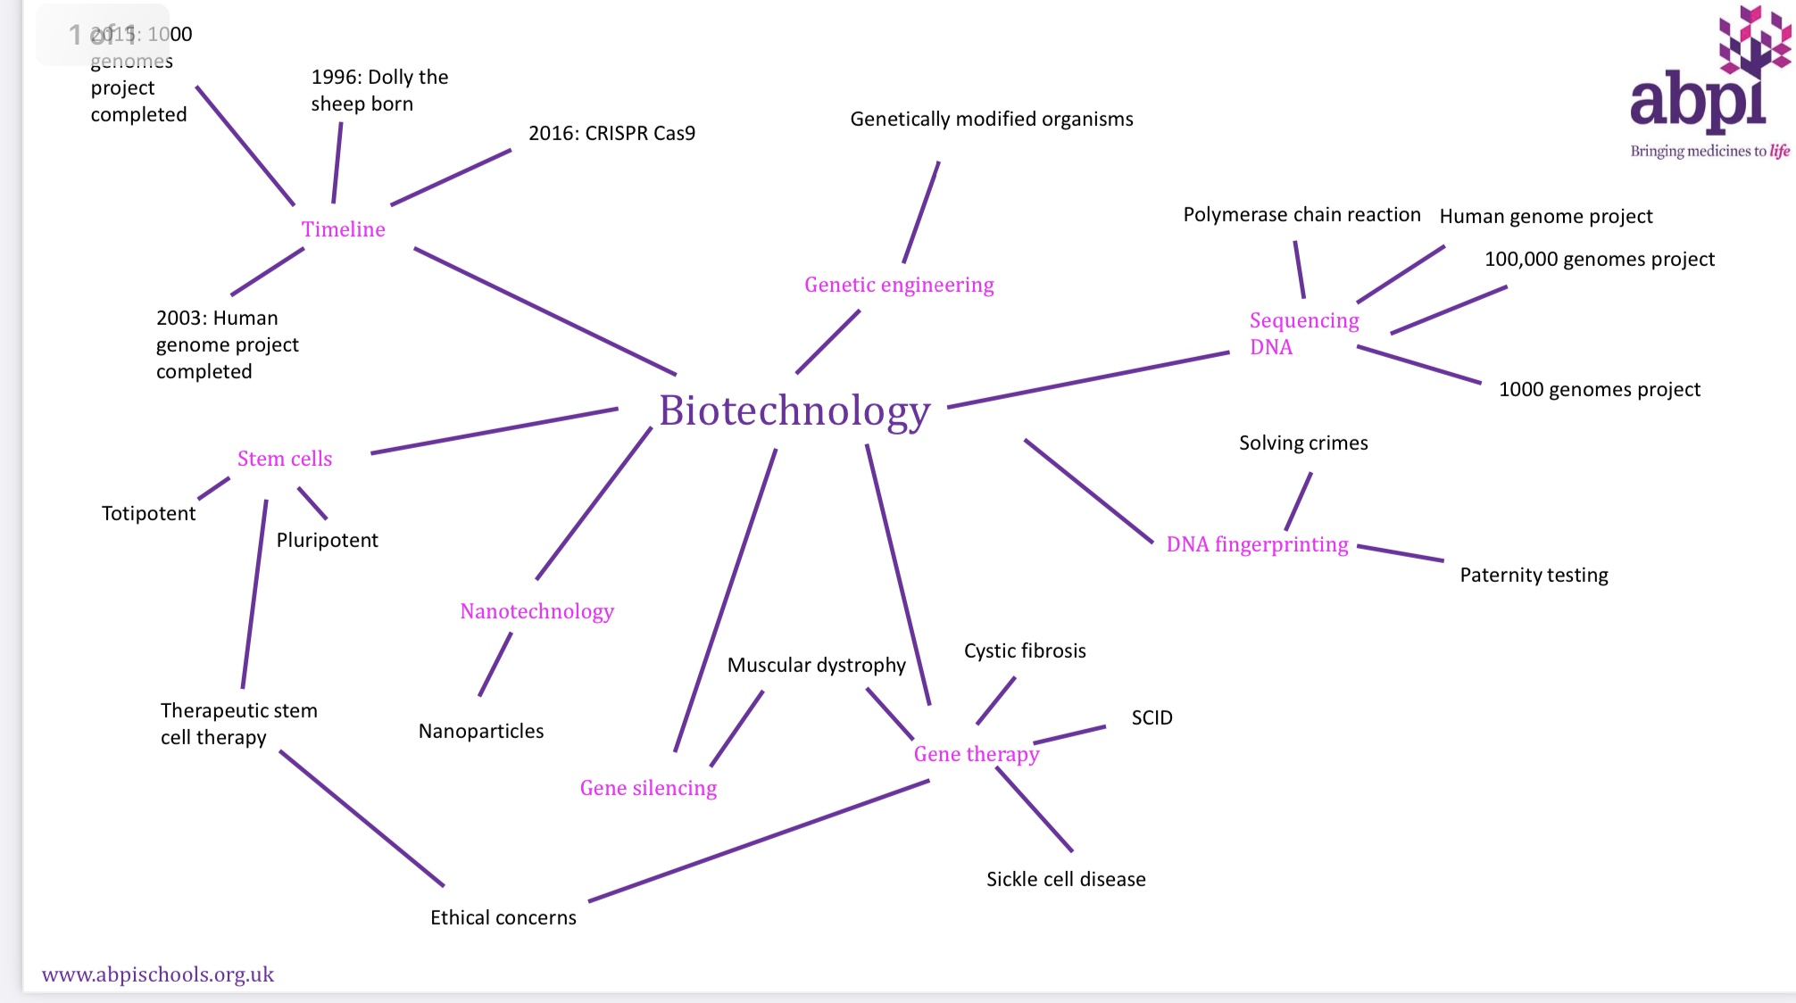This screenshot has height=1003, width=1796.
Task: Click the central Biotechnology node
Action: [794, 411]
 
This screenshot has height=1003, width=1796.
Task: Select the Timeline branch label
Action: [344, 229]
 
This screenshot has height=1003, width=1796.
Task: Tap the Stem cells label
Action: [285, 459]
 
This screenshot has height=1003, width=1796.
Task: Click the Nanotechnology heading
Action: [536, 611]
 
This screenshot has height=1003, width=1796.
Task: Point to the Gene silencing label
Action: [648, 788]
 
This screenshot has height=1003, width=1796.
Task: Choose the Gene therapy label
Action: [977, 754]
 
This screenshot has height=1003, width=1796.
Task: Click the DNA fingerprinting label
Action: [1257, 544]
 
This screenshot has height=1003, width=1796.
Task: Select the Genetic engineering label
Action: [899, 285]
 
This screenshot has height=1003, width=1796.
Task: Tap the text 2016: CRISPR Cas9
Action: [611, 134]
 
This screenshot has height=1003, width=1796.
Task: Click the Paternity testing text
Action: [1534, 576]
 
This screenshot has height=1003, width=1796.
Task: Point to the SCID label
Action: [1152, 718]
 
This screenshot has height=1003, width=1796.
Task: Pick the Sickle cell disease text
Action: [1066, 880]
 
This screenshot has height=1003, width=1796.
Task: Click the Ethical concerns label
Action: [503, 918]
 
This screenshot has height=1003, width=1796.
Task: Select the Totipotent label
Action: [148, 514]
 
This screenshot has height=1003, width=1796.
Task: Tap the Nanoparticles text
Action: [481, 732]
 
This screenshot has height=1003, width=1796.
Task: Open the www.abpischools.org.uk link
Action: [158, 974]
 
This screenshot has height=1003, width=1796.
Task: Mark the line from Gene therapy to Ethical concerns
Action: [759, 841]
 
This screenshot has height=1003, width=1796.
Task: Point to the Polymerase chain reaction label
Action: [1301, 215]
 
